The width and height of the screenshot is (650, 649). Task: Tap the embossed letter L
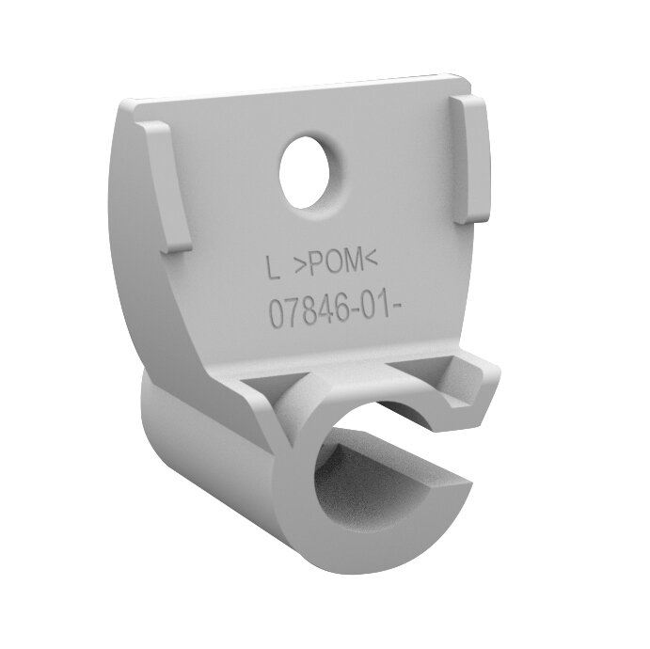point(273,269)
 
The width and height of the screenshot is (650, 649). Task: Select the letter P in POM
point(319,266)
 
